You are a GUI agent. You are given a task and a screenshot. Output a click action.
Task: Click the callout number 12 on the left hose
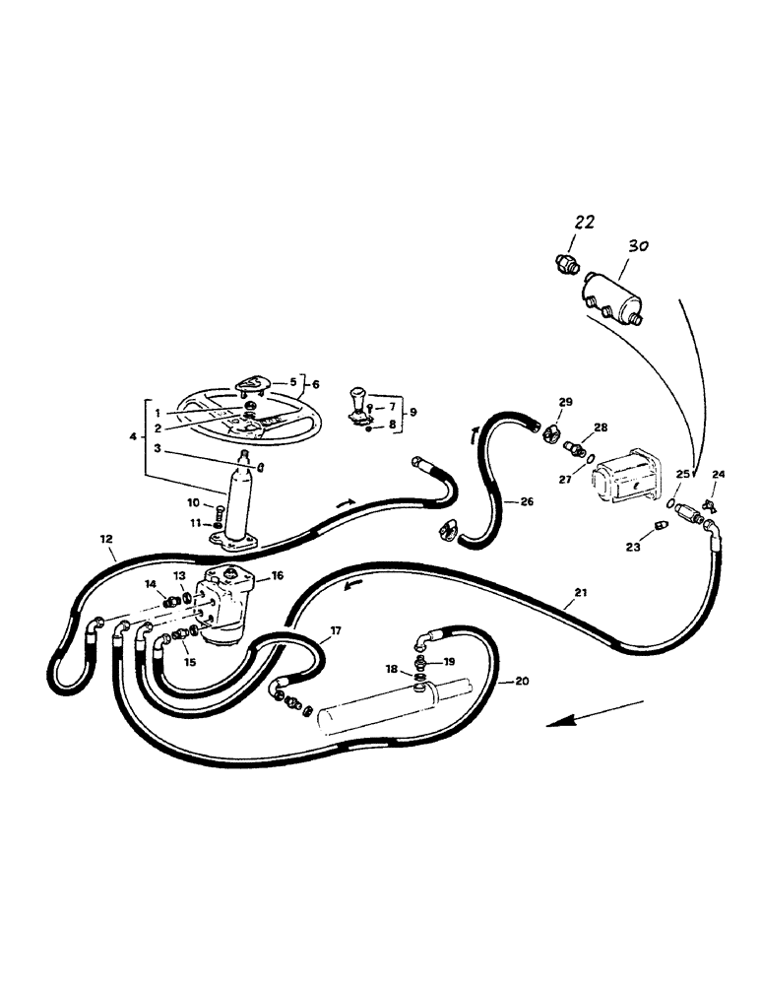point(106,540)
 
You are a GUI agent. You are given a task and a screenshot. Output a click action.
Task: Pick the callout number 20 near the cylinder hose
point(523,681)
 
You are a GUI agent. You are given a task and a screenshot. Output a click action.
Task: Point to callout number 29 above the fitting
point(565,402)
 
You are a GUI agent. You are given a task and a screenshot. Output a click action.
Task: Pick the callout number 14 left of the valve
point(152,585)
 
